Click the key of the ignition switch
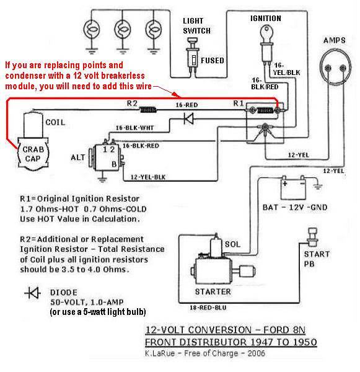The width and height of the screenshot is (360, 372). pos(266,33)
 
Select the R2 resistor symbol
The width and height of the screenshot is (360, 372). pos(148,110)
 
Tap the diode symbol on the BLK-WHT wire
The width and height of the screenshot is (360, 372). pos(189,118)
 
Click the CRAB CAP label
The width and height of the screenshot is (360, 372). pos(33,154)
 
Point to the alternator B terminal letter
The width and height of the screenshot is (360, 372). pos(114,164)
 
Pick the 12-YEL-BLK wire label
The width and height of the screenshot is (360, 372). pos(148,177)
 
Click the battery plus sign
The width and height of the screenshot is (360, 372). pos(285,184)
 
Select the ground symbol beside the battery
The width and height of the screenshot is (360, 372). pos(318,187)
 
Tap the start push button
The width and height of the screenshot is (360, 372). pos(312,237)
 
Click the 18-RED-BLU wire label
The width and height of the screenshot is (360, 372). pos(208,308)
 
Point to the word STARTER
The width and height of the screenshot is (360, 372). pos(213,291)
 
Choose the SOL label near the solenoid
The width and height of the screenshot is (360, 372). pos(232,244)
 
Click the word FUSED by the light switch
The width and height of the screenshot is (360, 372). pos(213,61)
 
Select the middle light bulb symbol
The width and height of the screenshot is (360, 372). pos(122,30)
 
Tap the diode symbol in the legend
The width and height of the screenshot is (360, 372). pos(32,293)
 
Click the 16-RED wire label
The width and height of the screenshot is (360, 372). pos(187,105)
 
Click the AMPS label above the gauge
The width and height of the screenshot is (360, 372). pos(335,40)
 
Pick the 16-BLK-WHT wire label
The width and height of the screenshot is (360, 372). pos(134,128)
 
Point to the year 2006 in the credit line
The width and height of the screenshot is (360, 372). pos(256,353)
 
